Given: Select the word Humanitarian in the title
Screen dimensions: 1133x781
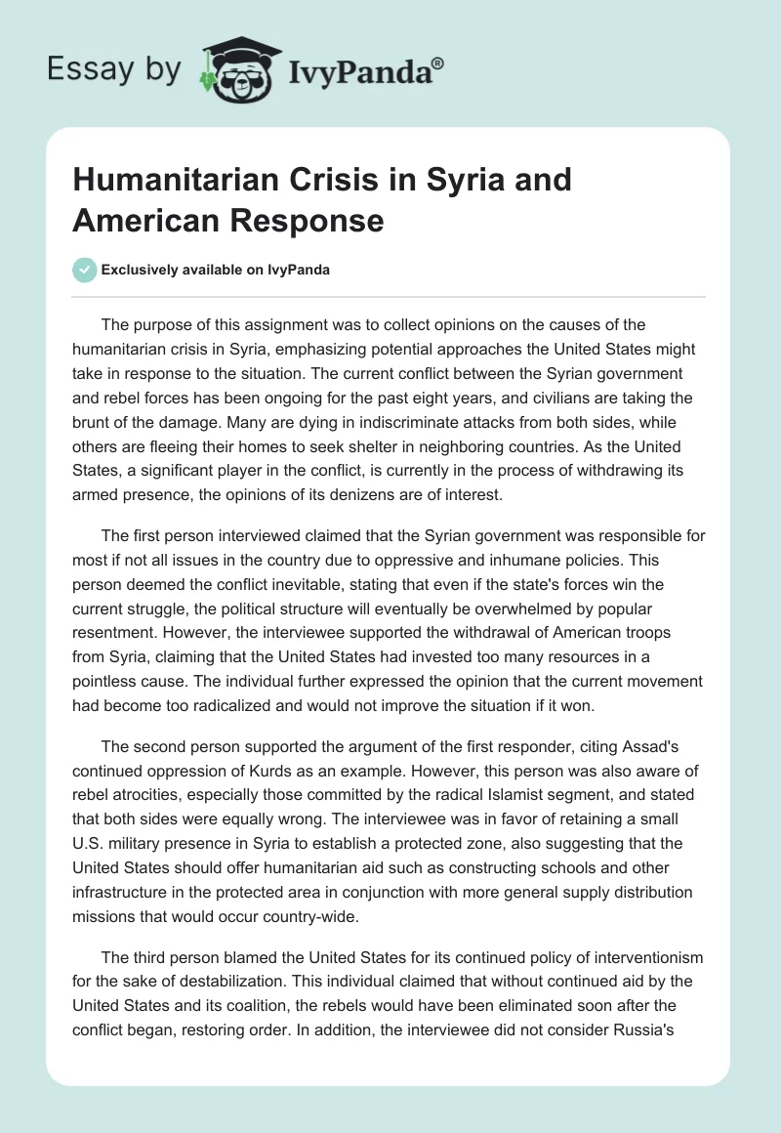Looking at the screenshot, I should pos(180,182).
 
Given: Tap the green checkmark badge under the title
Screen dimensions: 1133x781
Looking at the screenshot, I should pos(85,270).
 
